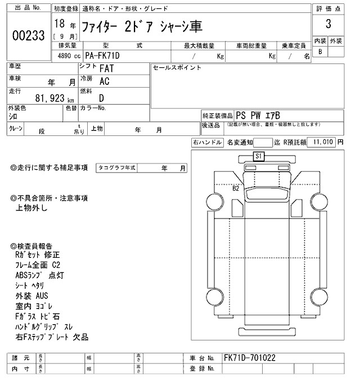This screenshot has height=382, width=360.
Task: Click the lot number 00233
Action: [x=28, y=35]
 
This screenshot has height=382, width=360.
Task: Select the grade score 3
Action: [x=328, y=25]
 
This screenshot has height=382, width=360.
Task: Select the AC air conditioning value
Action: [x=105, y=81]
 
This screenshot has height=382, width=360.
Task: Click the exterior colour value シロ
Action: [x=13, y=116]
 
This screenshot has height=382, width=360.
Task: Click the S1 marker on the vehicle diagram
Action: [x=259, y=157]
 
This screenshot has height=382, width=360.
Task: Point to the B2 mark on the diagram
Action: [x=236, y=189]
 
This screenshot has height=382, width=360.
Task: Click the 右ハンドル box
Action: [x=207, y=143]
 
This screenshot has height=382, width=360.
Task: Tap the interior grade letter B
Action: [x=320, y=52]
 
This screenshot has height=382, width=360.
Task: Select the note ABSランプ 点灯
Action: [x=40, y=275]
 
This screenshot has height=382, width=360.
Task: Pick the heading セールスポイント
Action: [x=177, y=68]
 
